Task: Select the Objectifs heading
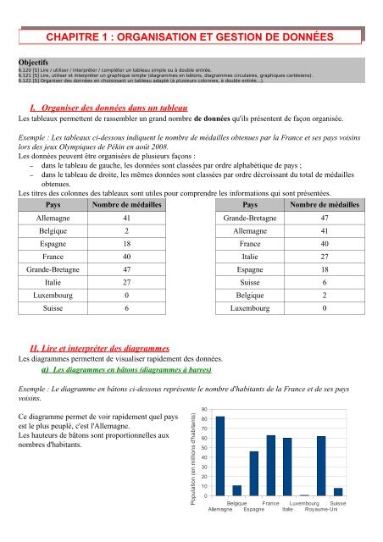[36, 62]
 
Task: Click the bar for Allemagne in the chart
[220, 456]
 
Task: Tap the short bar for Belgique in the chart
[236, 490]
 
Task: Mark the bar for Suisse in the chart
[338, 491]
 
